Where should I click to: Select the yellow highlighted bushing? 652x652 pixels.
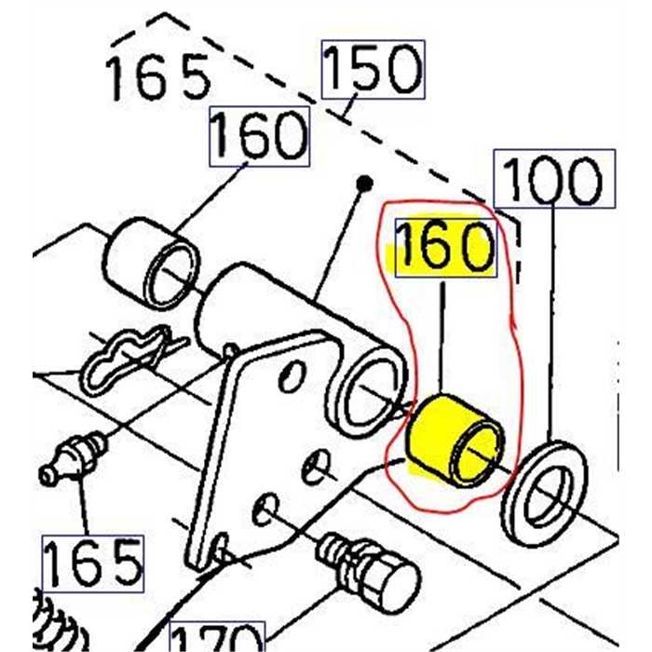pyautogui.click(x=455, y=441)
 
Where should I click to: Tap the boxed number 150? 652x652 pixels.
pyautogui.click(x=373, y=69)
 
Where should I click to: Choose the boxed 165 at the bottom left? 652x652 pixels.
pyautogui.click(x=93, y=563)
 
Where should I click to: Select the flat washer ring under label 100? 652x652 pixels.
pyautogui.click(x=545, y=493)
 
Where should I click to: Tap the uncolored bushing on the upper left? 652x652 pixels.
pyautogui.click(x=151, y=264)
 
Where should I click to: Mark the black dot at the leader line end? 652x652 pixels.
pyautogui.click(x=365, y=183)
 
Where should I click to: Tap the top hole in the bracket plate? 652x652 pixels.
pyautogui.click(x=292, y=376)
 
